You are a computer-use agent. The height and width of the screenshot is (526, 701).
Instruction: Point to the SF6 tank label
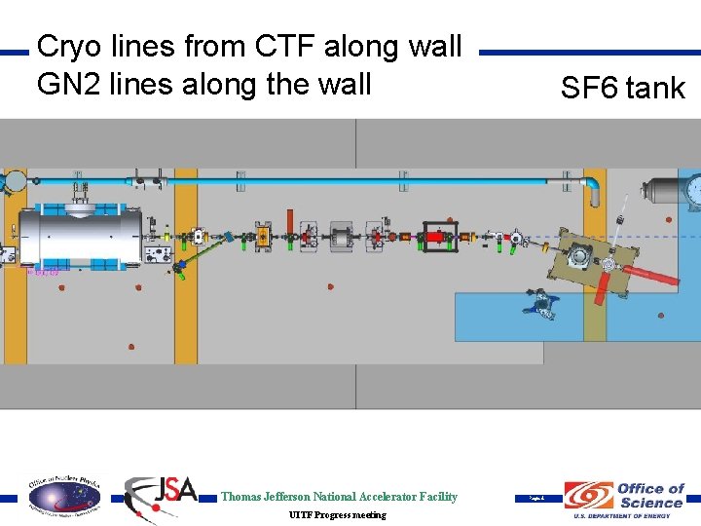(x=623, y=89)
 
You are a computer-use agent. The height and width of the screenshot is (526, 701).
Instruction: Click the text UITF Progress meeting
(x=338, y=514)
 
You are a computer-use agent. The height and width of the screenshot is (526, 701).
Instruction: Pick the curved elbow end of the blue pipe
(x=593, y=184)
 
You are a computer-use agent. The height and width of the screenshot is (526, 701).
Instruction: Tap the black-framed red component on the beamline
(x=431, y=236)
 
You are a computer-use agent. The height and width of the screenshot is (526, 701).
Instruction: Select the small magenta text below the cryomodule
(x=43, y=272)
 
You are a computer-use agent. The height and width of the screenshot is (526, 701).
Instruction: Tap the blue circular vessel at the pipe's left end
(x=17, y=181)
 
